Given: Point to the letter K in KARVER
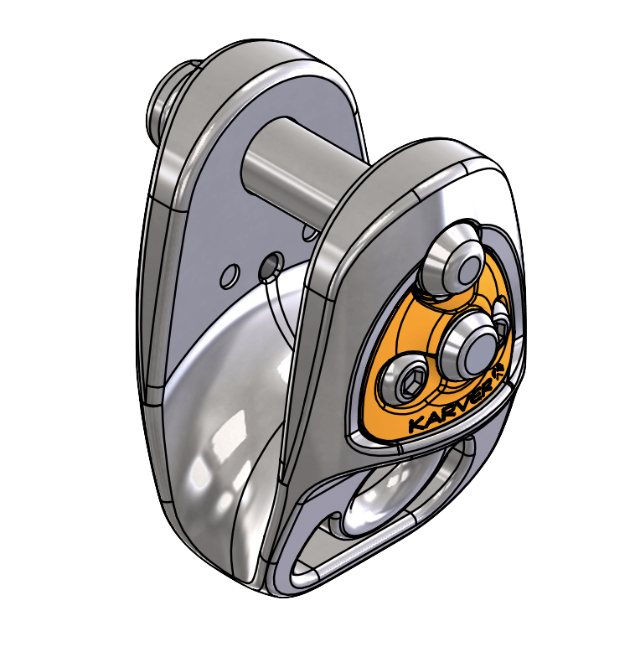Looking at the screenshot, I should tap(416, 427).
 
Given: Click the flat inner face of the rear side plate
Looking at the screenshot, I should tap(226, 201).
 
